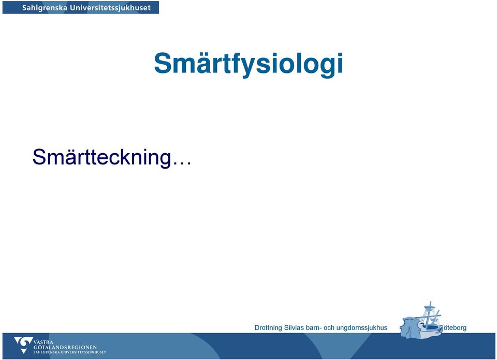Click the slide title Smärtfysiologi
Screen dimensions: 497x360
pyautogui.click(x=248, y=64)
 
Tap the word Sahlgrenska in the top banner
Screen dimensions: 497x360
pyautogui.click(x=45, y=8)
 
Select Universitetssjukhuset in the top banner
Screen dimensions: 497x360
pyautogui.click(x=110, y=8)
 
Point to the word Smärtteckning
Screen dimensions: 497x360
pyautogui.click(x=102, y=157)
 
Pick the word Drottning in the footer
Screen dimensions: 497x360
pyautogui.click(x=268, y=328)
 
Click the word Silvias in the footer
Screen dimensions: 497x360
pyautogui.click(x=294, y=327)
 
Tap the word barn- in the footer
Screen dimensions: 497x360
pyautogui.click(x=314, y=327)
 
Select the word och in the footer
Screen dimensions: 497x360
pyautogui.click(x=329, y=327)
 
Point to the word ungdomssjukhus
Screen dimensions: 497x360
pyautogui.click(x=362, y=328)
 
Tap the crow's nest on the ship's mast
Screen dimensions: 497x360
pyautogui.click(x=430, y=307)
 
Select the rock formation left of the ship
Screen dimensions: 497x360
pyautogui.click(x=410, y=327)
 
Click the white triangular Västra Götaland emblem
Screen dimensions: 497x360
pyautogui.click(x=23, y=345)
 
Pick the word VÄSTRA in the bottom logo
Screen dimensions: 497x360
pyautogui.click(x=43, y=342)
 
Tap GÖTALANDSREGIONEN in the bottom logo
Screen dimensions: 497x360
pyautogui.click(x=65, y=348)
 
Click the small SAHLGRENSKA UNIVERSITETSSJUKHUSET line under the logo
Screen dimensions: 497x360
pyautogui.click(x=70, y=352)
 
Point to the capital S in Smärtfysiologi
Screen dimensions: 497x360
pyautogui.click(x=164, y=63)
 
